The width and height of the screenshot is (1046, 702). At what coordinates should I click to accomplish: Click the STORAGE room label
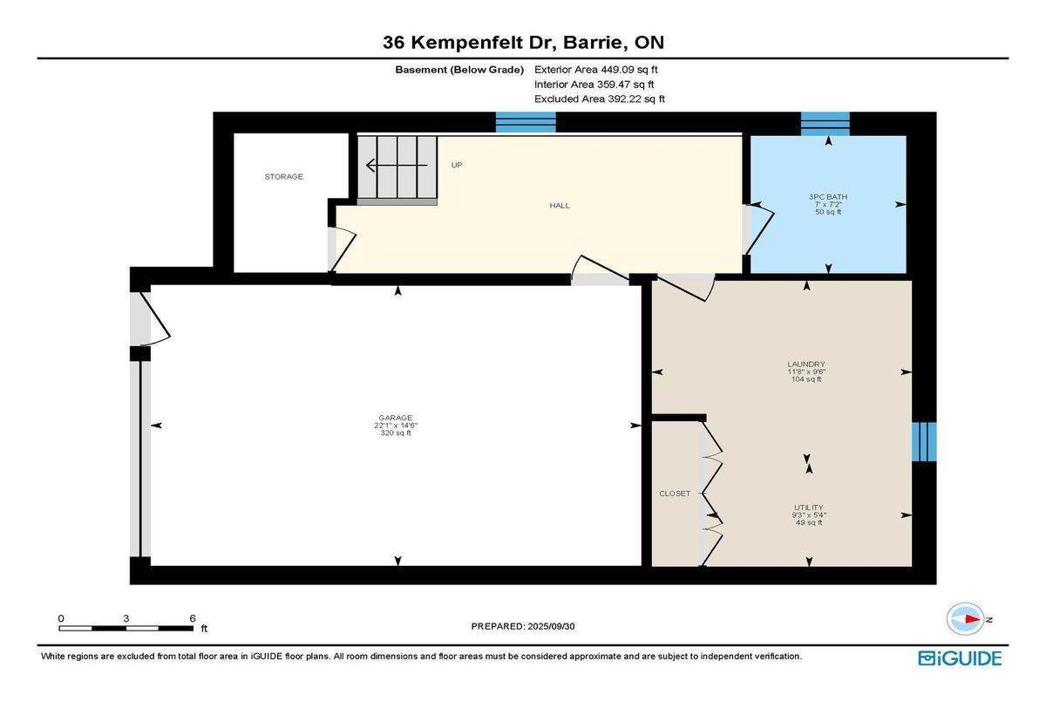coord(284,176)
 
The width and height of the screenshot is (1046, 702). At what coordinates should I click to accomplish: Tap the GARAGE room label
coord(396,418)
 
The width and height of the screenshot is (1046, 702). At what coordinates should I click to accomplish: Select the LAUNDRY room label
coord(806,364)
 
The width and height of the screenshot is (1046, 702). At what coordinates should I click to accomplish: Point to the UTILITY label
coord(809,508)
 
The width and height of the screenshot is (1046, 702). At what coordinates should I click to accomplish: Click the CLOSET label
coord(675,494)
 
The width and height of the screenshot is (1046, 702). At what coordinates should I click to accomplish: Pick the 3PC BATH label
coord(828,196)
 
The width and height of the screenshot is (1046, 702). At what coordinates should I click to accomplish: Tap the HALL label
coord(560,206)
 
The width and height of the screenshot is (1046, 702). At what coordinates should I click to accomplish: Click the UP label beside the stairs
coord(457,165)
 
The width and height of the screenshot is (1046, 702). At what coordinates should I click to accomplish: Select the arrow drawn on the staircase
coord(397,166)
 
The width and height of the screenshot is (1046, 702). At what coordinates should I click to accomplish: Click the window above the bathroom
coord(825,124)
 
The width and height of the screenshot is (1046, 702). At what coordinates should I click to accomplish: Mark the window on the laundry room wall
coord(924,441)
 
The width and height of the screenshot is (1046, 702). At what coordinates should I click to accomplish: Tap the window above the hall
coord(526,122)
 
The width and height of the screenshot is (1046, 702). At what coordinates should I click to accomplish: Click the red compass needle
coord(973,619)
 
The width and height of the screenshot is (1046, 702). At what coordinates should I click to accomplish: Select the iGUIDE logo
coord(960,658)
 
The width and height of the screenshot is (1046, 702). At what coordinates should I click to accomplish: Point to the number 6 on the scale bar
coord(193,618)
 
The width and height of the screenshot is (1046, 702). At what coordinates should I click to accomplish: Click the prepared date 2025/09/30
coord(551,626)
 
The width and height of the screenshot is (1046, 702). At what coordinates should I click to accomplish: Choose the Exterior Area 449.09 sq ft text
coord(596,70)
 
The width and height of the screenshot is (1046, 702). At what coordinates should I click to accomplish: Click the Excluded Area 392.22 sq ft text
coord(600,99)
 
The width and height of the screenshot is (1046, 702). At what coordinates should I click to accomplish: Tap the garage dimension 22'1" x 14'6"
coord(396,426)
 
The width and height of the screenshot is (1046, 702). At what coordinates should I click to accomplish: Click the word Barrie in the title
coord(593,43)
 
